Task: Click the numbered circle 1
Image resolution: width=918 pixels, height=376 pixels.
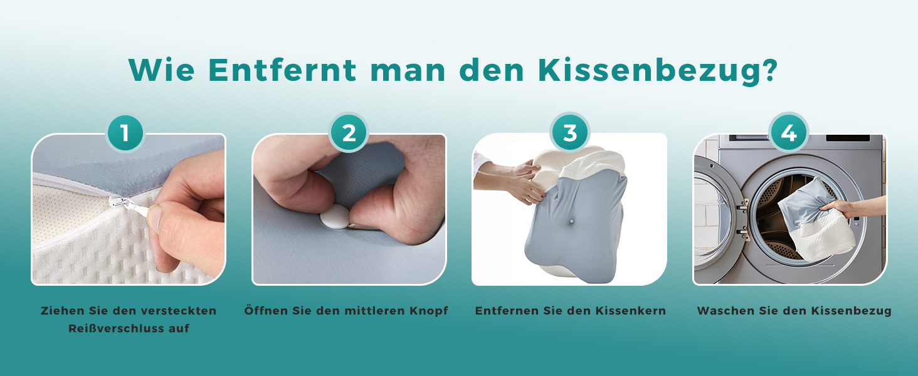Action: [x=125, y=133]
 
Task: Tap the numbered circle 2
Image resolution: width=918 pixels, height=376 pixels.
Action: [x=349, y=133]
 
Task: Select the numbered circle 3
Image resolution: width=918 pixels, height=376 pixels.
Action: [x=569, y=133]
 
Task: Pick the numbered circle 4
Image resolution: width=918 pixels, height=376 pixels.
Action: [x=789, y=133]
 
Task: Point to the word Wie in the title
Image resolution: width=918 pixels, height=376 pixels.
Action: [x=161, y=70]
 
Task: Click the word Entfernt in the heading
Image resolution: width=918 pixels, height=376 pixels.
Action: [x=282, y=70]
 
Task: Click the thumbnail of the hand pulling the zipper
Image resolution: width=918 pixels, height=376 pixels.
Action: [x=129, y=209]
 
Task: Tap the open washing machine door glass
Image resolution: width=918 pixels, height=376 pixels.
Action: [x=712, y=213]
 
